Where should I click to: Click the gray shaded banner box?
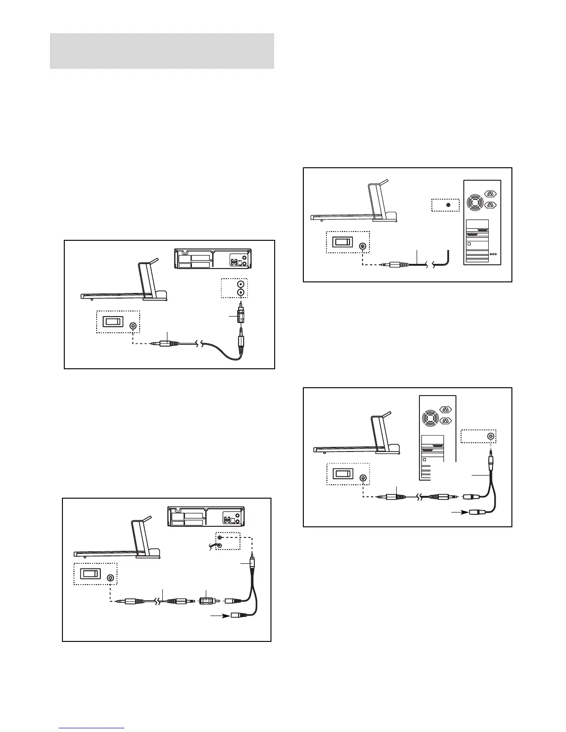[x=162, y=51]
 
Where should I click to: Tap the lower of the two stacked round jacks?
[x=240, y=293]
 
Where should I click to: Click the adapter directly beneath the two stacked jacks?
[x=240, y=316]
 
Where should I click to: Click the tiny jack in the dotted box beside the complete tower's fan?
[x=448, y=205]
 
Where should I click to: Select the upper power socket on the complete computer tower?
[x=490, y=195]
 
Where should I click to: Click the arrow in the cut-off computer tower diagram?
[x=459, y=512]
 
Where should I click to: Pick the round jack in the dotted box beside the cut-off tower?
[x=491, y=436]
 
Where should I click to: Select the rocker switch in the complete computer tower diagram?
[x=342, y=242]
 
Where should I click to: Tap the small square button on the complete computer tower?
[x=469, y=244]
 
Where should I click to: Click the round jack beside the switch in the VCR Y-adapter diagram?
[x=110, y=578]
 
